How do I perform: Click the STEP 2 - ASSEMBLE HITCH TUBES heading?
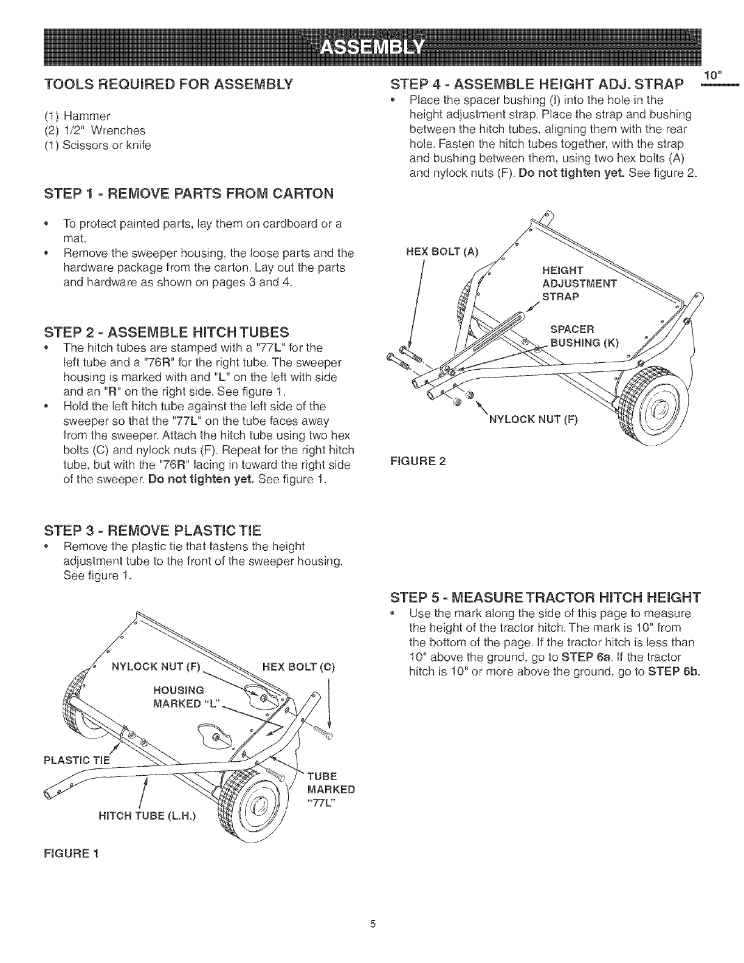pos(167,332)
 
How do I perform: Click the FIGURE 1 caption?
pos(71,853)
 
